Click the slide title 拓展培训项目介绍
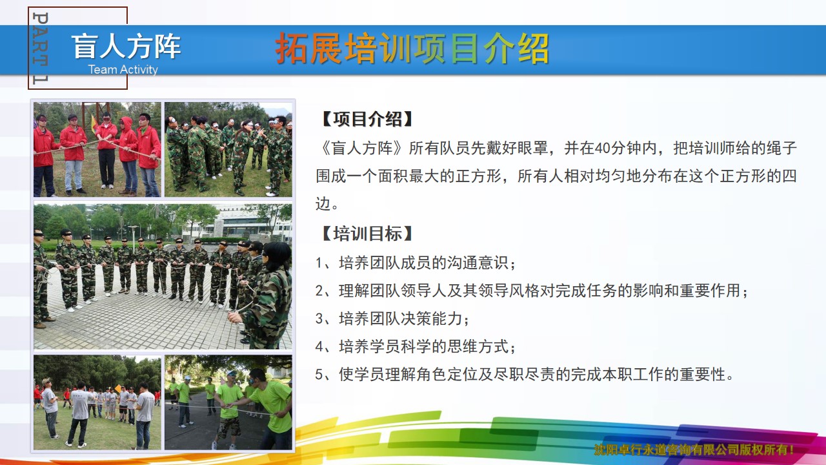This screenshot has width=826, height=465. tap(412, 48)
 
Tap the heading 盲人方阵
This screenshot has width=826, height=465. tap(126, 46)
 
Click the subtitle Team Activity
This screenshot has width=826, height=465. tap(123, 69)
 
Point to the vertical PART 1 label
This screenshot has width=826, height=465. tap(40, 48)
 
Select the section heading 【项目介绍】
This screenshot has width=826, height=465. tap(367, 119)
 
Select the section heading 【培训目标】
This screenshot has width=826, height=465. tap(367, 234)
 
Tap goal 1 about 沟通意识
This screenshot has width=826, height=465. tap(416, 263)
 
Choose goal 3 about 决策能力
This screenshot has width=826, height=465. tap(392, 319)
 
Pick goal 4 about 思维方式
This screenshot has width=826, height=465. tap(416, 347)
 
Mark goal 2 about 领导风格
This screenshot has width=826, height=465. tap(532, 291)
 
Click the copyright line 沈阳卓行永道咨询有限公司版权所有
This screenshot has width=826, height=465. tap(693, 449)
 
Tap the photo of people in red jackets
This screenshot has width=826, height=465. tap(97, 149)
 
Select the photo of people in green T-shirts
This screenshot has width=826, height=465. tap(228, 402)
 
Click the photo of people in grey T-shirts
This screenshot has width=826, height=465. tap(97, 402)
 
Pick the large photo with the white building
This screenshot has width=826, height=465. tap(163, 276)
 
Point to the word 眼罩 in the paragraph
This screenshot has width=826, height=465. tap(532, 148)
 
